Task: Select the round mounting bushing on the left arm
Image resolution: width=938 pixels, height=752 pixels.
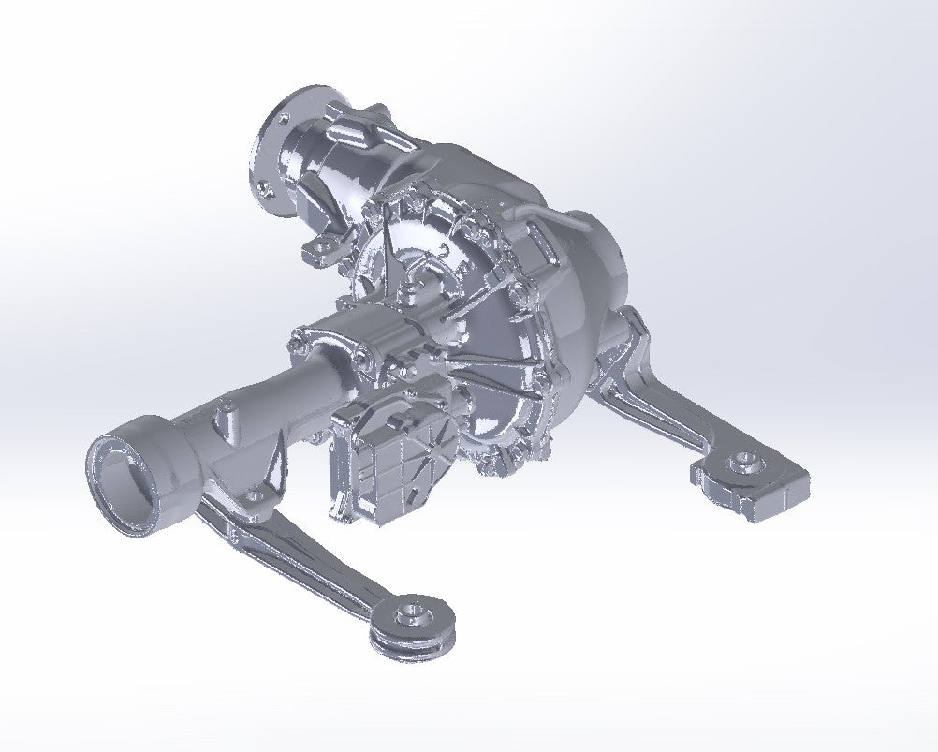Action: (412, 618)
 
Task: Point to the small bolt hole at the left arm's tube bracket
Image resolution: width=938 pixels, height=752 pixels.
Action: (264, 491)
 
